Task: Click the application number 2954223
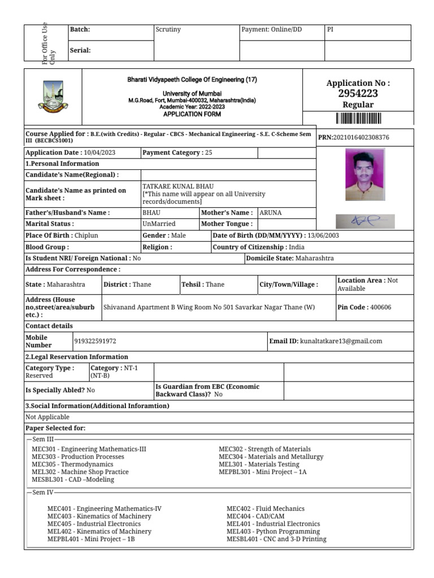(358, 94)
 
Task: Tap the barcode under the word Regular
(358, 118)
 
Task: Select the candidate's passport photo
(364, 174)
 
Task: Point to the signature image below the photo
(365, 221)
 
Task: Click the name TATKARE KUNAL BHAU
(178, 186)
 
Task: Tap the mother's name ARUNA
(270, 213)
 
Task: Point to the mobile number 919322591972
(95, 341)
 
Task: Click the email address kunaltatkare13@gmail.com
(341, 341)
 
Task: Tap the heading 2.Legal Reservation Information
(77, 357)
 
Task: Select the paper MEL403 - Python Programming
(273, 531)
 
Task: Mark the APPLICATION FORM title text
(192, 114)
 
